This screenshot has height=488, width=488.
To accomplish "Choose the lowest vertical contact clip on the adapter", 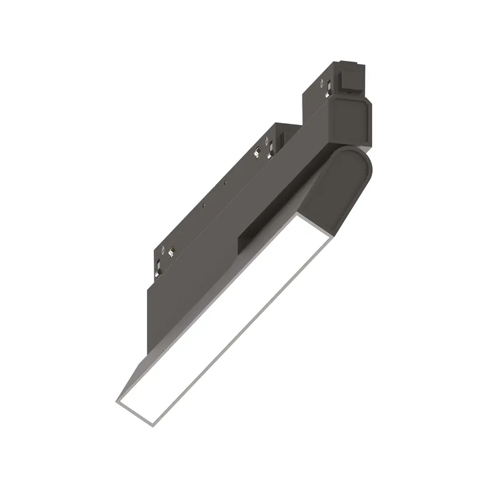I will pyautogui.click(x=158, y=267).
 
